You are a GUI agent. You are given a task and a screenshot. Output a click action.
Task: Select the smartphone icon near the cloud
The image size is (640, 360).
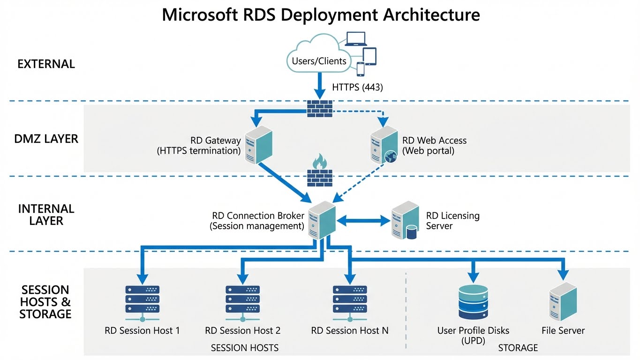361,69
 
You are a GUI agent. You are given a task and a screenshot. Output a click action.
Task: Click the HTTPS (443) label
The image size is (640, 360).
357,87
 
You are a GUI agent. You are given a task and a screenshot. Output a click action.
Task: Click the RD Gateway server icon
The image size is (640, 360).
259,144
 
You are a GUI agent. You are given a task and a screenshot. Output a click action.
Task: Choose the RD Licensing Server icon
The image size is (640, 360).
405,220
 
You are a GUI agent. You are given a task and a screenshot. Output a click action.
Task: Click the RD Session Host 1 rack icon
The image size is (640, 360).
142,300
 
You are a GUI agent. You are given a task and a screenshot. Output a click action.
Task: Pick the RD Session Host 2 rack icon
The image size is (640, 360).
242,300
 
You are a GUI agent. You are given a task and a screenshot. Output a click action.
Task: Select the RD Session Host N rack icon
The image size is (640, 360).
350,300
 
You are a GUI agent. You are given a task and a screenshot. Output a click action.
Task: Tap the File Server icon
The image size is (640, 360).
563,302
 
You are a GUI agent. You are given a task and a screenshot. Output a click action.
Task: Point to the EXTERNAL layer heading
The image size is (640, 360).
46,64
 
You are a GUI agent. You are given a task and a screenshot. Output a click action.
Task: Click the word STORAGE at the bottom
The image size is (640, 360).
518,348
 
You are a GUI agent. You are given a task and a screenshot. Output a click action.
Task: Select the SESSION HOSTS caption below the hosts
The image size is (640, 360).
244,348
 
